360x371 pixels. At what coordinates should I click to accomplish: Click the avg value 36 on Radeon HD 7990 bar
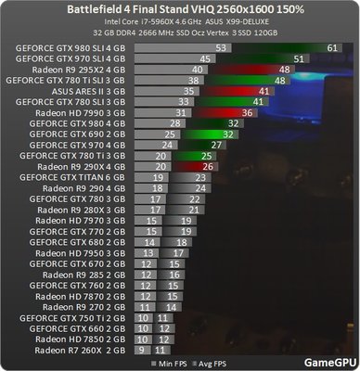coord(246,112)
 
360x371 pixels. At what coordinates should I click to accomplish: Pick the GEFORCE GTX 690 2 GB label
coord(75,134)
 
